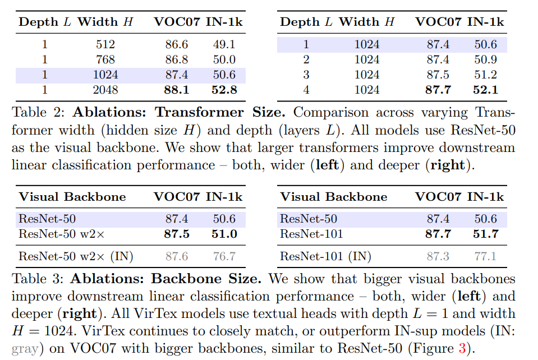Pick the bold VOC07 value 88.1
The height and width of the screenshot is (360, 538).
click(176, 90)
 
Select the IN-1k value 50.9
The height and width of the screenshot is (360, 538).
click(485, 59)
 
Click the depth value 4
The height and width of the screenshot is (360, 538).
click(306, 90)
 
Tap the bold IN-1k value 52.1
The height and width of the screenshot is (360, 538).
click(485, 90)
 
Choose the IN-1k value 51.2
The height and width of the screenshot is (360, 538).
click(485, 75)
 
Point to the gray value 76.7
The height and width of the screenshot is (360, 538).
click(224, 257)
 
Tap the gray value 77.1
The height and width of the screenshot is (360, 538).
click(485, 257)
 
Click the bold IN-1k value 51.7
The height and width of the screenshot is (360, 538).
click(485, 234)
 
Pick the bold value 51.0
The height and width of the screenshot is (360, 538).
click(224, 234)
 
